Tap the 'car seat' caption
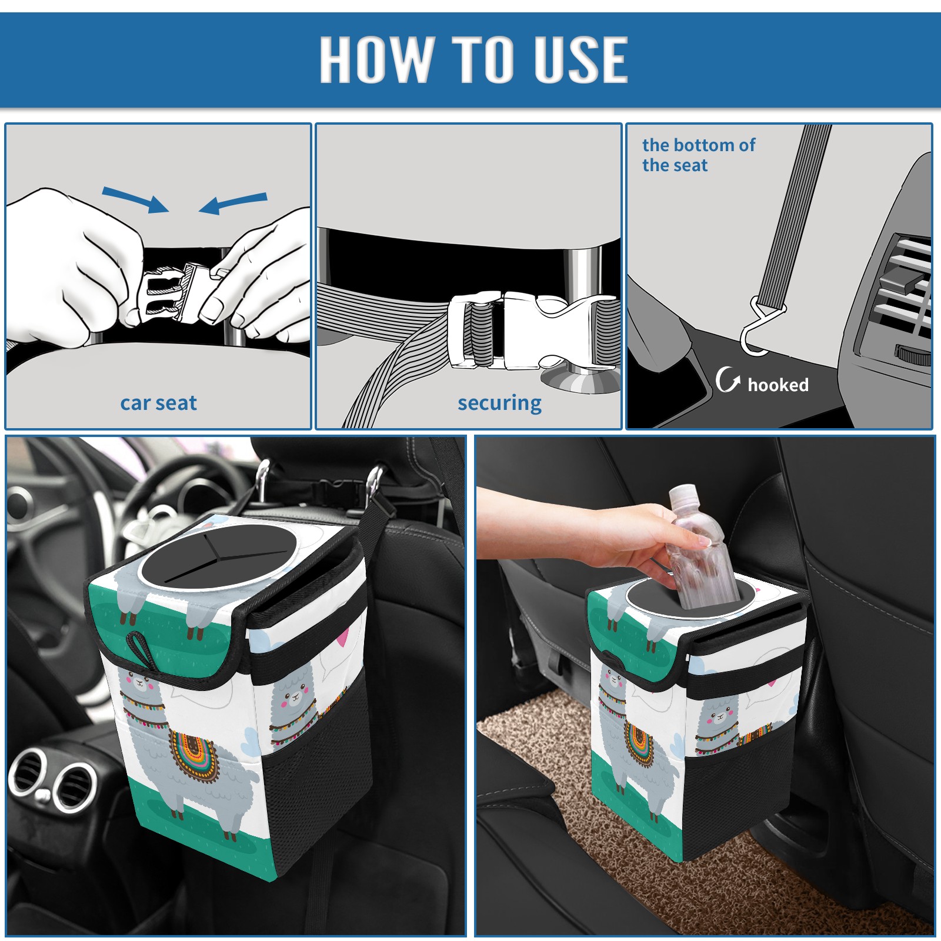click(x=158, y=403)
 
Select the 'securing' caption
click(x=499, y=403)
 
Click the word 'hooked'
click(x=778, y=385)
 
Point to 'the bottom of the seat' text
click(x=699, y=155)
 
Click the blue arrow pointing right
click(x=135, y=199)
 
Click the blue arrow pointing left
click(x=233, y=203)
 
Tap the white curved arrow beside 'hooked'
click(x=727, y=379)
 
